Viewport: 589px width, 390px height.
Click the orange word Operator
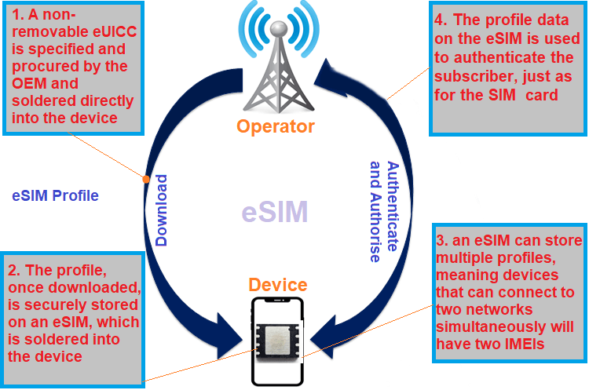click(277, 126)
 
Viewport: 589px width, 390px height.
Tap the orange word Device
click(278, 284)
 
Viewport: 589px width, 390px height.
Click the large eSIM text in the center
click(274, 211)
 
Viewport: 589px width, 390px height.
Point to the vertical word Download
click(161, 210)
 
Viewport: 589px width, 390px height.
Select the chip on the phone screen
click(277, 339)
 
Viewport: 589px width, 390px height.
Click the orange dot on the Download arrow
click(146, 178)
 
